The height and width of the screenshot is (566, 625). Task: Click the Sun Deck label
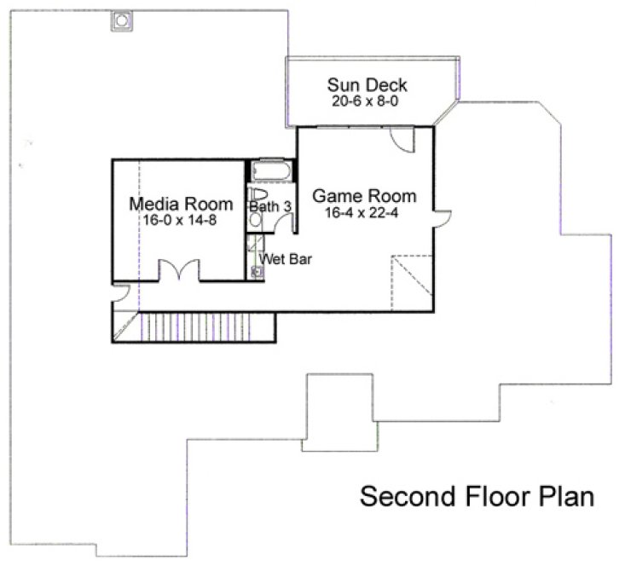[367, 85]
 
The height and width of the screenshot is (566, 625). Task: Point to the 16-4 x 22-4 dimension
[362, 212]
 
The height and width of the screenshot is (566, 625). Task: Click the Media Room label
[180, 205]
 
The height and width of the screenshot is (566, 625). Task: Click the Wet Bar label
[285, 258]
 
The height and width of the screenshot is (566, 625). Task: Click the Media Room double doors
[180, 271]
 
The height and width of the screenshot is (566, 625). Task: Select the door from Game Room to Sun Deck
[401, 139]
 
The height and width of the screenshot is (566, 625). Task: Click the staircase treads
[205, 326]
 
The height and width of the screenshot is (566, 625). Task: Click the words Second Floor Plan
[476, 496]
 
